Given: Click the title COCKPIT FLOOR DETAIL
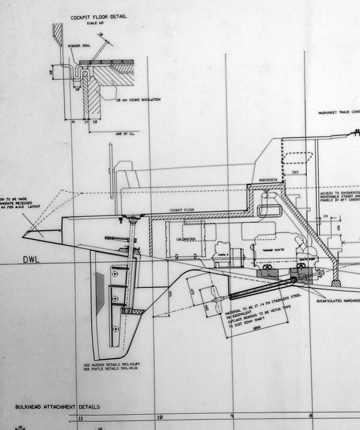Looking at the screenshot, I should click(x=98, y=17).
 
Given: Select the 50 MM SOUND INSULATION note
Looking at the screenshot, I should click(x=139, y=100).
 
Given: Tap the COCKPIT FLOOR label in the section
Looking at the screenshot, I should click(x=182, y=210).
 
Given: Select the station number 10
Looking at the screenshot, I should click(x=160, y=418).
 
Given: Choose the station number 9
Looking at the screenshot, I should click(x=232, y=417).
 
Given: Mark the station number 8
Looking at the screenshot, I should click(x=310, y=416).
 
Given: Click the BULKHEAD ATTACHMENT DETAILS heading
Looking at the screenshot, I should click(x=57, y=407).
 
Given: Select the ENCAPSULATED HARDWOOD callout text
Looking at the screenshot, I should click(x=338, y=301).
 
